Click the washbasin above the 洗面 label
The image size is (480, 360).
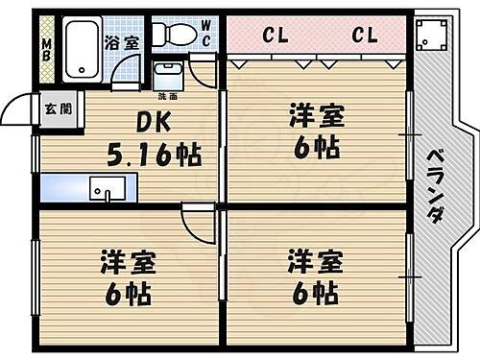[x=167, y=74]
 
